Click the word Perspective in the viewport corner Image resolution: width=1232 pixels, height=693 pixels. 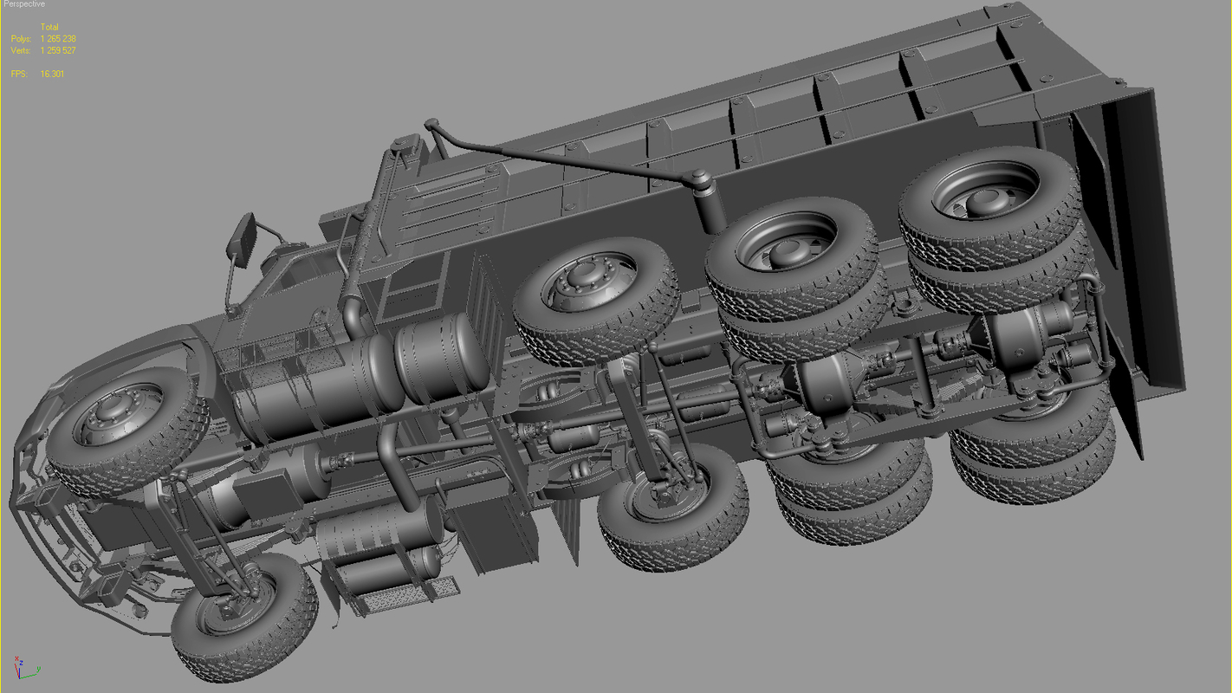coord(23,4)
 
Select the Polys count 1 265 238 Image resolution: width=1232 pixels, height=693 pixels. coord(58,39)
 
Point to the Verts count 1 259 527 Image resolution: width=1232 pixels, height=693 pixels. coord(58,50)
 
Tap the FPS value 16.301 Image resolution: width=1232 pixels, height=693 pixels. coord(52,74)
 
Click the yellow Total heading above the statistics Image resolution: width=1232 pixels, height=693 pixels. coord(49,28)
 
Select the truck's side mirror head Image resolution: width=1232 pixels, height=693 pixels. coord(241,236)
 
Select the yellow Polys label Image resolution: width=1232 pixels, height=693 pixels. coord(21,39)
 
